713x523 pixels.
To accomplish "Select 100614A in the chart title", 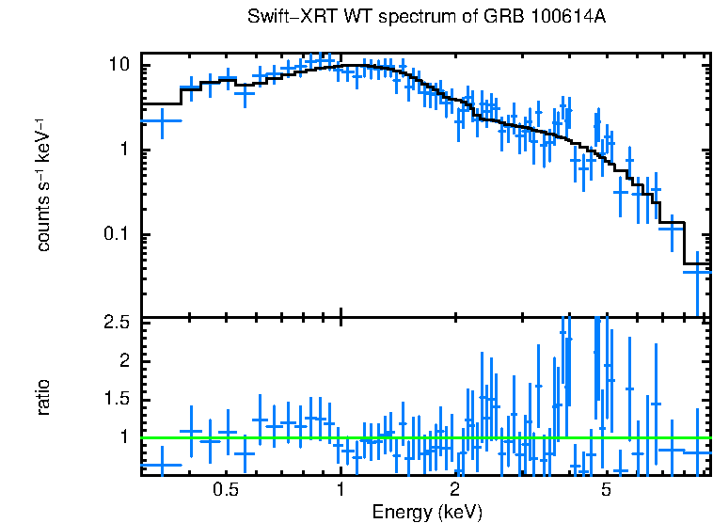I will click(570, 18).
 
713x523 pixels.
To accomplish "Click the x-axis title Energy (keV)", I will click(427, 513).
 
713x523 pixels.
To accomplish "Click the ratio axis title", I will click(43, 396).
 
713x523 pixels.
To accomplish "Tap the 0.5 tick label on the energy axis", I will click(225, 489).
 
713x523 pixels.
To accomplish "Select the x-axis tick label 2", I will click(454, 489).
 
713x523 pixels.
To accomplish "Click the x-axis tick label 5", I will click(606, 489).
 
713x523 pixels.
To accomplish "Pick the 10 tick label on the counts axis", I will click(119, 65).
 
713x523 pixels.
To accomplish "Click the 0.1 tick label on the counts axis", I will click(115, 234).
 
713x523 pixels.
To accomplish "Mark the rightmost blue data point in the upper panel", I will click(697, 271).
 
